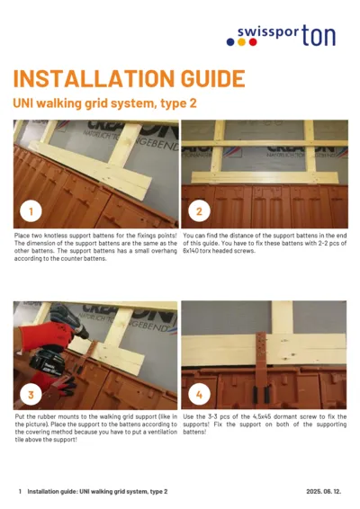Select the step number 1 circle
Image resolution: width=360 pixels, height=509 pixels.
click(x=31, y=212)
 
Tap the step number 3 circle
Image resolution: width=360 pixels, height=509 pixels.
click(x=31, y=394)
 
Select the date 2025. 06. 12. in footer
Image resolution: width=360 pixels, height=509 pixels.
click(x=325, y=492)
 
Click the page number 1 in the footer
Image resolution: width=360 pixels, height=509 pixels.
click(x=20, y=492)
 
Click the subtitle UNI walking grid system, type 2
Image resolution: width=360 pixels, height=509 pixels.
click(x=104, y=103)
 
